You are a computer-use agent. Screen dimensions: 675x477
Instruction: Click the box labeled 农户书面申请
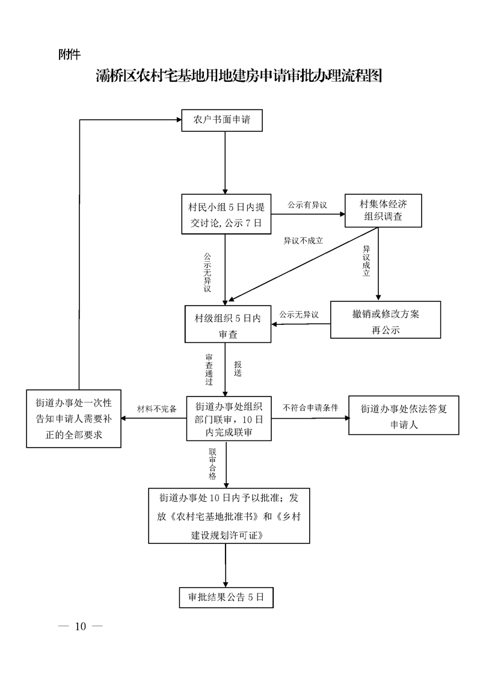pos(225,120)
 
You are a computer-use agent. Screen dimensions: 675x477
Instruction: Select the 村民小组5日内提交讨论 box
pos(226,214)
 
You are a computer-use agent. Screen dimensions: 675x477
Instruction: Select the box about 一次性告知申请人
pos(74,419)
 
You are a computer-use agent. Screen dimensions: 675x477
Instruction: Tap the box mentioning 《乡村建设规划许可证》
pos(229,516)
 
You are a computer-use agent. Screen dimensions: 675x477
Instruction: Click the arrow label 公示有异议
pos(307,205)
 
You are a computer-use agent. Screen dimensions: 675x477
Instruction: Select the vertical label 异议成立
pos(366,260)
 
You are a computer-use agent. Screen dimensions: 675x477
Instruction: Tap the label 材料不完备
pos(156,408)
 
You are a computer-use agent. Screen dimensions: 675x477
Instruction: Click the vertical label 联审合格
pos(212,463)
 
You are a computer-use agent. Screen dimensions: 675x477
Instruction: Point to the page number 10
pos(81,626)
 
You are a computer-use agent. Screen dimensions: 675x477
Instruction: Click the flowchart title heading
pos(239,76)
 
